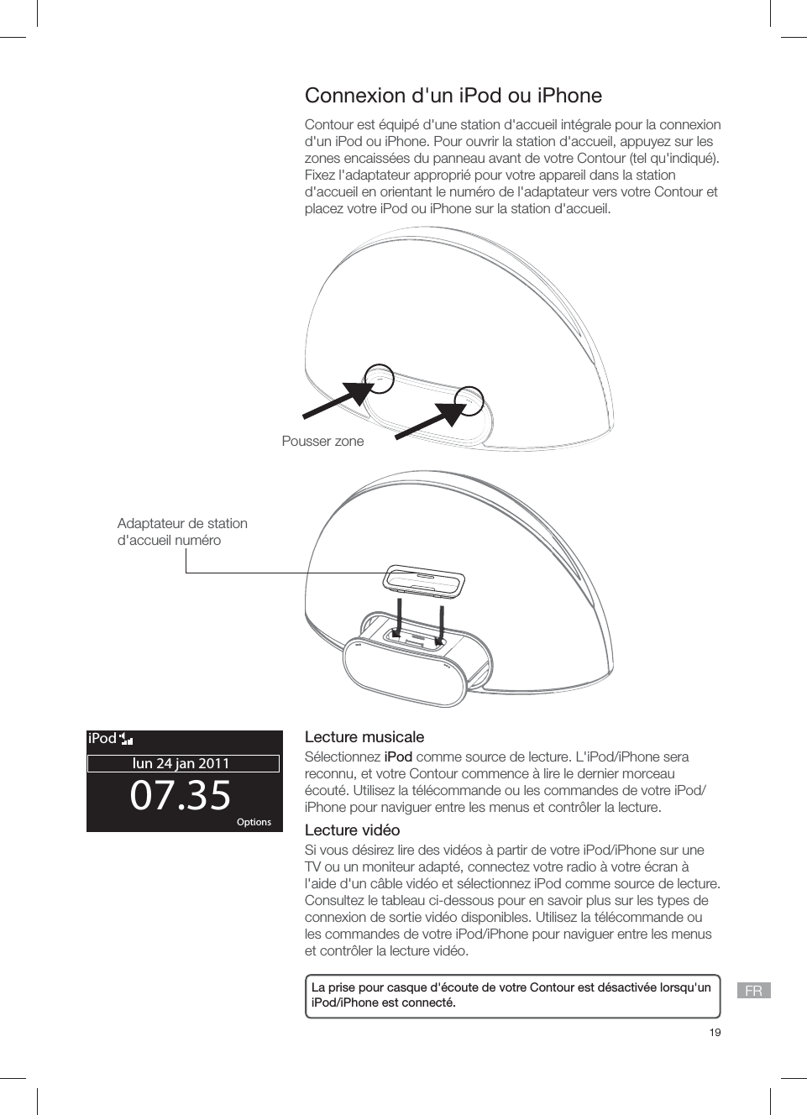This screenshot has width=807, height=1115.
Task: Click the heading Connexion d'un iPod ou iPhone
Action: coord(453,96)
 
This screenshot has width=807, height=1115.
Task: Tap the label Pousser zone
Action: coord(322,442)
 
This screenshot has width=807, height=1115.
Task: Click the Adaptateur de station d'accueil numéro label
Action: coord(182,531)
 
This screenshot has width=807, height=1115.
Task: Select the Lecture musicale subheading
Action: coord(364,737)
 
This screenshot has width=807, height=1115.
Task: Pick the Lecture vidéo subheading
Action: coord(352,830)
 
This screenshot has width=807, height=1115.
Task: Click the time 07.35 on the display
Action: coord(181,795)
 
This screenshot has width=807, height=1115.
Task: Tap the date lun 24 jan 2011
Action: coord(181,763)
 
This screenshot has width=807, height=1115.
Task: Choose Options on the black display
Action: coord(254,822)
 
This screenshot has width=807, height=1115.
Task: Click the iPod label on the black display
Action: coord(102,739)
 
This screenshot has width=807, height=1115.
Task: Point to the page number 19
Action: coord(715,1032)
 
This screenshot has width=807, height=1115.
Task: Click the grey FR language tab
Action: coord(753,991)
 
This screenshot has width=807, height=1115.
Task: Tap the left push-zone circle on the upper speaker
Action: coord(380,379)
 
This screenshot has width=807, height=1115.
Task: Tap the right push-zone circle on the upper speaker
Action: coord(469,400)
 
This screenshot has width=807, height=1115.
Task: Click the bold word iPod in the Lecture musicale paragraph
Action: coord(398,756)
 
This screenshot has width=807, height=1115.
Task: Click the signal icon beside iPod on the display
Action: coord(127,739)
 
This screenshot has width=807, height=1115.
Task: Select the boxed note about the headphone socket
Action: coord(512,995)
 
